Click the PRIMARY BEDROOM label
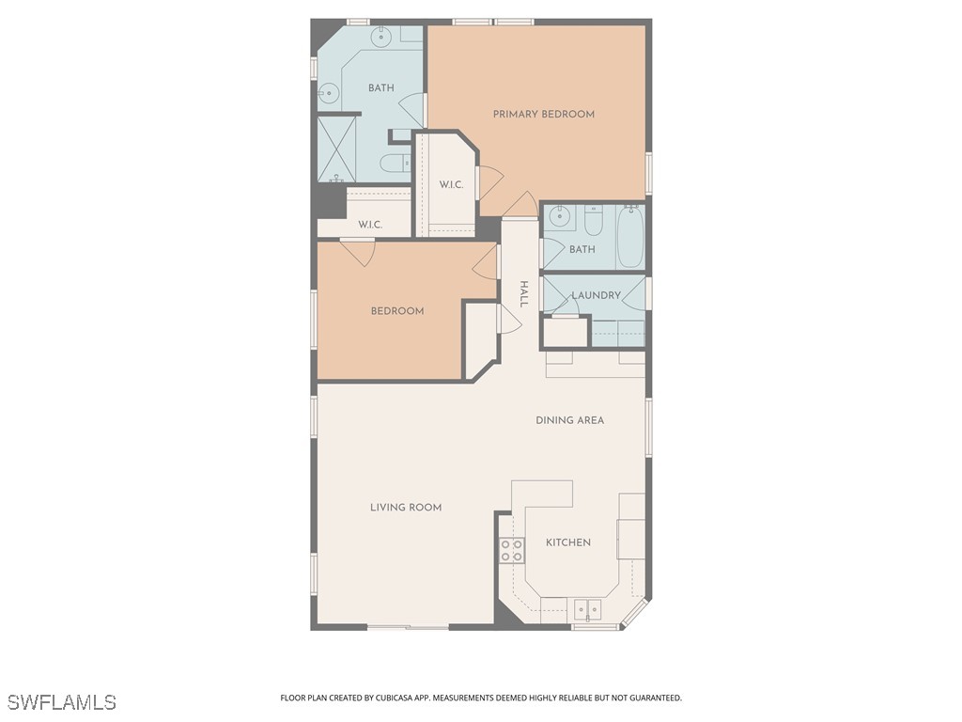click(544, 115)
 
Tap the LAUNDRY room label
click(597, 295)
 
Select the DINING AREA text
click(569, 420)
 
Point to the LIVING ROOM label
click(406, 508)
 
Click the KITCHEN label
click(568, 542)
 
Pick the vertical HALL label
click(524, 294)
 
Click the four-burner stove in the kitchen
click(512, 550)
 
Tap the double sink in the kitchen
click(588, 609)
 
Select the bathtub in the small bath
click(629, 237)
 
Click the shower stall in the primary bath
click(337, 148)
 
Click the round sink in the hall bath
click(560, 217)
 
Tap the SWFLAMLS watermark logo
click(62, 702)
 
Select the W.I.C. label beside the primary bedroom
click(451, 184)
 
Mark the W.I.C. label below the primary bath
click(370, 225)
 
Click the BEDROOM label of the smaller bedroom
click(397, 311)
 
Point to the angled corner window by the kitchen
click(635, 614)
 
